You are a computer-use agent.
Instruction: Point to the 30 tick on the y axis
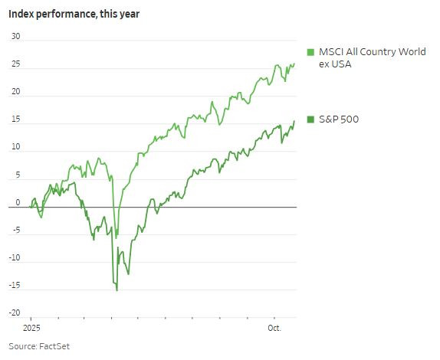point(15,38)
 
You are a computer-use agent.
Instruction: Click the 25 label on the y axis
point(15,65)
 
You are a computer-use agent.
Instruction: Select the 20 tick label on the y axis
point(15,93)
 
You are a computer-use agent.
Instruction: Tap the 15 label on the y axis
point(15,120)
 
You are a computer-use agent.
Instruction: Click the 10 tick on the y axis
point(15,148)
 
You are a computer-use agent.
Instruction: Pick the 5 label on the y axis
point(17,175)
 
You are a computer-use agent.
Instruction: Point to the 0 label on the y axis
point(17,203)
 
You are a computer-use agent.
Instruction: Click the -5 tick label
point(15,231)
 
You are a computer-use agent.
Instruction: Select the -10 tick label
point(15,258)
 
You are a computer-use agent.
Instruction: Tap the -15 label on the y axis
point(15,286)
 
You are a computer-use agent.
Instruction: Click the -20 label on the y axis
point(15,313)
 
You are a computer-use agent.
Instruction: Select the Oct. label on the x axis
point(274,328)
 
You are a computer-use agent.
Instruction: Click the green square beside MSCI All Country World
point(310,52)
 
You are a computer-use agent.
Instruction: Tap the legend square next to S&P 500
point(310,119)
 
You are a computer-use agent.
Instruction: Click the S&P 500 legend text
point(338,119)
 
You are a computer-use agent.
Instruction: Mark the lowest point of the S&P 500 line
point(117,290)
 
